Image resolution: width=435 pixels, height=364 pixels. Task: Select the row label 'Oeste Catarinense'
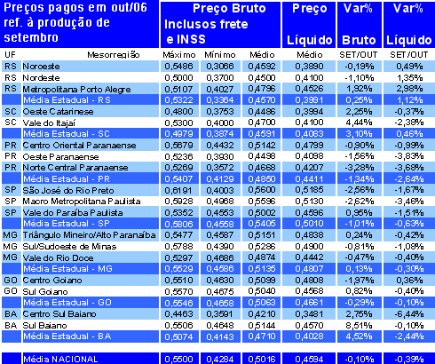54,111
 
